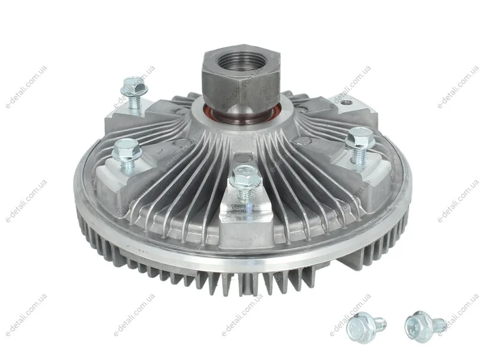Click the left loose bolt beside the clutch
366,327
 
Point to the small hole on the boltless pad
346,101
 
